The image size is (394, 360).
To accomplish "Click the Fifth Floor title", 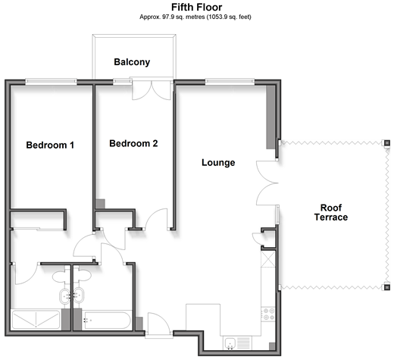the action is (197, 8).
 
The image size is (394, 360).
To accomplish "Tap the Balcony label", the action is (132, 62).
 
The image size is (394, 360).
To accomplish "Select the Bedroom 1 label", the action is (50, 145).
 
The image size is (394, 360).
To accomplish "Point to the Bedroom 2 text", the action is (133, 143).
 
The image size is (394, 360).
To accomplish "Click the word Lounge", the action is (218, 162).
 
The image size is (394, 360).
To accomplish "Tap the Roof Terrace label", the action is (331, 212).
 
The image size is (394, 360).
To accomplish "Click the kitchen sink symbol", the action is (230, 343).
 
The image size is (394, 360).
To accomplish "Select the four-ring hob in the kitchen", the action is (268, 314).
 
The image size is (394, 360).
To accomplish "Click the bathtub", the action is (108, 321).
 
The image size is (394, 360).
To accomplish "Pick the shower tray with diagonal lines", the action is (36, 320).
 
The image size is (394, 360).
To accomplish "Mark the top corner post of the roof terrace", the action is (387, 143).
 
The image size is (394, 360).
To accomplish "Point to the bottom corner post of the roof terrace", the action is (387, 287).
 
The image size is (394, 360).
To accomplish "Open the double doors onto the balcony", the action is (152, 89).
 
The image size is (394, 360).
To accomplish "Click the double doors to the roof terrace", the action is (267, 183).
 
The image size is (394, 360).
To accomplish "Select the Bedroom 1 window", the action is (51, 82).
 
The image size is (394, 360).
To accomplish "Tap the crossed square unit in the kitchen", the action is (268, 259).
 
